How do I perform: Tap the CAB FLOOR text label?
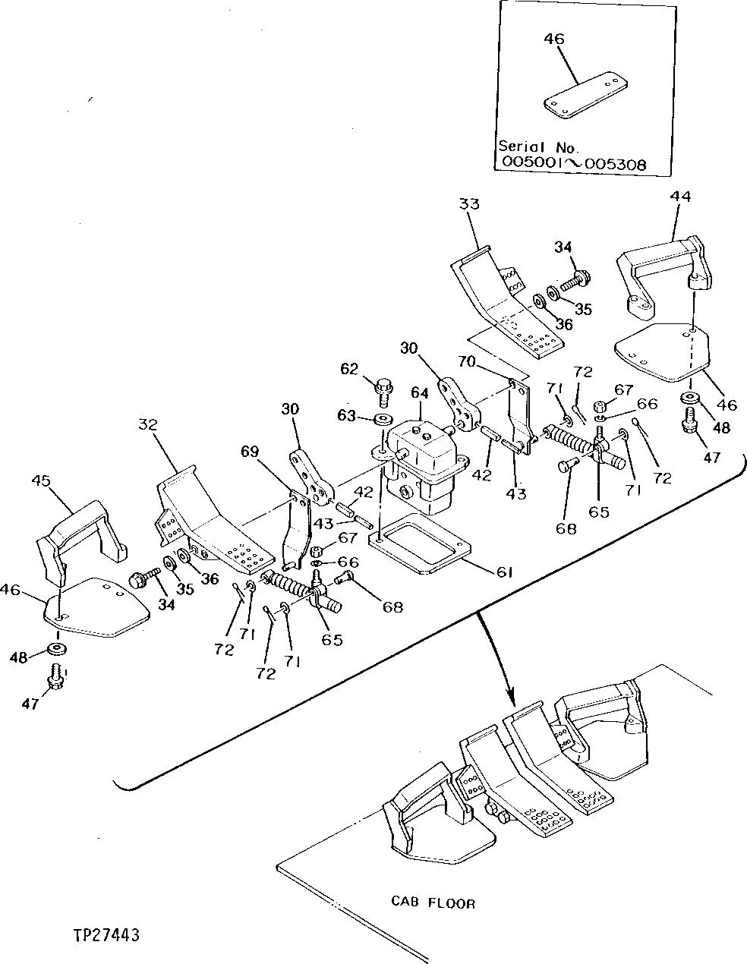click(x=433, y=903)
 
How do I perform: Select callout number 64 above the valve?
click(x=419, y=393)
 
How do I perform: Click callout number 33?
click(x=469, y=204)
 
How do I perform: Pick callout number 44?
click(x=680, y=196)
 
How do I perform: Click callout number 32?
click(x=147, y=424)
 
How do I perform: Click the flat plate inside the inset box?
click(x=584, y=97)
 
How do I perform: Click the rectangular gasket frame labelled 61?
click(x=419, y=540)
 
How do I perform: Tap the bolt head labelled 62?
click(x=383, y=389)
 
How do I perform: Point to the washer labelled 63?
click(x=383, y=419)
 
